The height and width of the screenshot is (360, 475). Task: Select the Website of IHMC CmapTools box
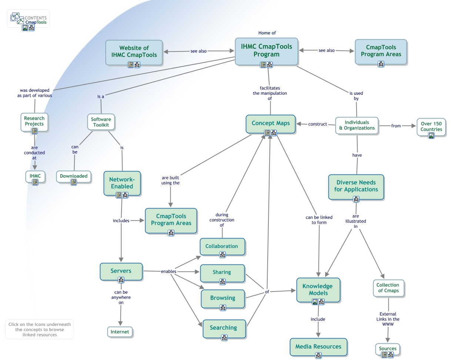point(134,51)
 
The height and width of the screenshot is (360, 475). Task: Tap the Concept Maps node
point(271,123)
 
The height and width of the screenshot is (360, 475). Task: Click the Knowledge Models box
point(318,289)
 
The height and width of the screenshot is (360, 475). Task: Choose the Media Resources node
point(318,346)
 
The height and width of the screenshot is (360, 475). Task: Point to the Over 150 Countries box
point(431,126)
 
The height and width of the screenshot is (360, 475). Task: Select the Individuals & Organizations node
point(357,125)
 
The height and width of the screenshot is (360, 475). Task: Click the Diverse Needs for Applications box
point(356,186)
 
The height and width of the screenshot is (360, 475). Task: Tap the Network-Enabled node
point(122,183)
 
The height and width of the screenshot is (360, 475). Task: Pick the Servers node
point(121,271)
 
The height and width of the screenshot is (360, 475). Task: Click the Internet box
point(120,332)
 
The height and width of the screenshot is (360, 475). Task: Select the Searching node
point(223,327)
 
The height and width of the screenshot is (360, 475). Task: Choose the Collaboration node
point(222,246)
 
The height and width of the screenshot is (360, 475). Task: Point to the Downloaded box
point(74,176)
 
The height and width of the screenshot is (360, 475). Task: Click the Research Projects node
point(34,121)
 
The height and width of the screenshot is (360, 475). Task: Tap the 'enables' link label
point(168,271)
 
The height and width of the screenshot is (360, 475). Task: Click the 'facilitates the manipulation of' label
point(270,93)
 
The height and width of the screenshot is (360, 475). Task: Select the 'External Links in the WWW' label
point(388,319)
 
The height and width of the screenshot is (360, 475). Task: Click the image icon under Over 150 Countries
point(431,136)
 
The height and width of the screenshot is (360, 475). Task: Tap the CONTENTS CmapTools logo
point(29,19)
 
